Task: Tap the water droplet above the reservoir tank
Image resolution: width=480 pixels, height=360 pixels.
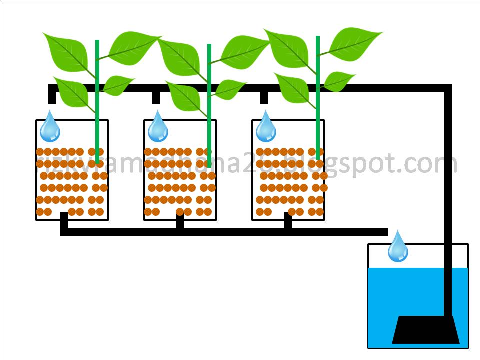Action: tap(398, 247)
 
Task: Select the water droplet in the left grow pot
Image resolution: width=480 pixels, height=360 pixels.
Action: tap(50, 127)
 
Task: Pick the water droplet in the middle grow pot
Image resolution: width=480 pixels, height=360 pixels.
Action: tap(158, 127)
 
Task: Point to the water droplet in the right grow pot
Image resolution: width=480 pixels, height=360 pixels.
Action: tap(266, 127)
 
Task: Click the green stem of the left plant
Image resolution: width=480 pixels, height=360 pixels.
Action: tap(97, 100)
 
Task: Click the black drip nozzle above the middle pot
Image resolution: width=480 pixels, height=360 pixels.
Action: tap(156, 97)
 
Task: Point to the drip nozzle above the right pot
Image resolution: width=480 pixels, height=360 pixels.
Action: tap(264, 97)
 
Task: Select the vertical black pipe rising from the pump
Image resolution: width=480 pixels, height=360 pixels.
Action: tap(448, 200)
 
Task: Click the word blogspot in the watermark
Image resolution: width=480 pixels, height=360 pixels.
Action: tap(340, 164)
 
